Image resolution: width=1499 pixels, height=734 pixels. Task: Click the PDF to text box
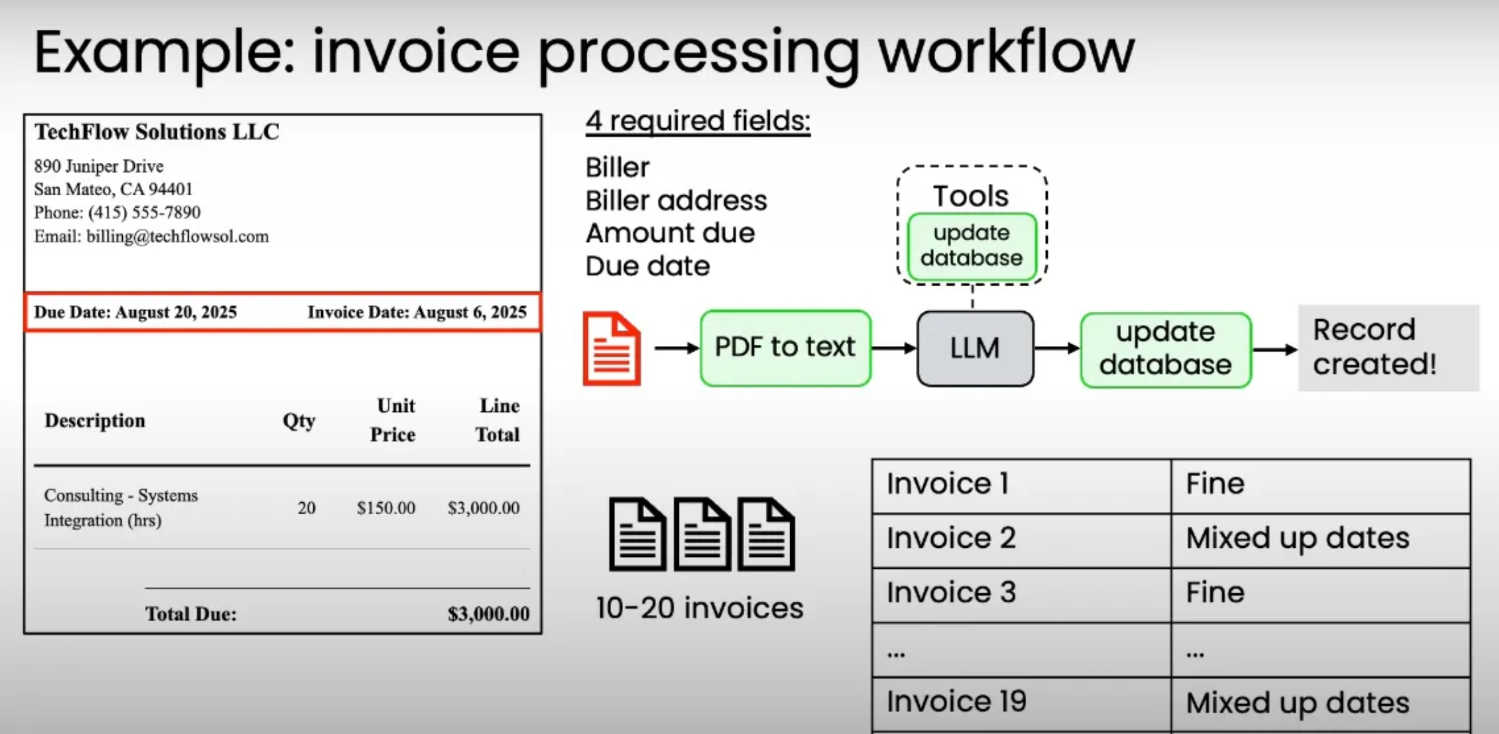coord(785,348)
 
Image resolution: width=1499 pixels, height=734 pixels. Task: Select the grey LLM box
coord(975,348)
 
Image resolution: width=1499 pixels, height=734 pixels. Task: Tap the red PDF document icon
coord(612,348)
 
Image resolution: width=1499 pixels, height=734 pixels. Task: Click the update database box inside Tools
coord(971,246)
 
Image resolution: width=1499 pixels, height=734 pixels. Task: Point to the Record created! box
coord(1388,348)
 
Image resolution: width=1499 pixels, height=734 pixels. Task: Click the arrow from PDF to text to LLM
coord(893,348)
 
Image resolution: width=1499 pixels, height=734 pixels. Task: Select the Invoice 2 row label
coord(951,538)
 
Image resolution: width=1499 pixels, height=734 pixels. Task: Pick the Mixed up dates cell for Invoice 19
coord(1297,703)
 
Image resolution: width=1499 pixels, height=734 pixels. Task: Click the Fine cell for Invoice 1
coord(1215,484)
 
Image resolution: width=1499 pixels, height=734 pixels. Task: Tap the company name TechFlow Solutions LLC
coord(157,132)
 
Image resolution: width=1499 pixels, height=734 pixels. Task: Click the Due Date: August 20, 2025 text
coord(135,313)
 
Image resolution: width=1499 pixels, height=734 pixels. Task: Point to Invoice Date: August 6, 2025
coord(417,313)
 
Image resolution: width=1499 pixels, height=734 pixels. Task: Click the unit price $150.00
coord(386,508)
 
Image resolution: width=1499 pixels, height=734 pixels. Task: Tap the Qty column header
coord(299,421)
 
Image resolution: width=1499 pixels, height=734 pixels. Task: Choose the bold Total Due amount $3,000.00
coord(488,614)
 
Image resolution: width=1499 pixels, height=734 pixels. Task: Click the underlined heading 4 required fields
coord(697,121)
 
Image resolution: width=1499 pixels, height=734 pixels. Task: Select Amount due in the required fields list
coord(670,233)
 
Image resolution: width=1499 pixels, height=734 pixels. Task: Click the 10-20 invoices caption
coord(699,608)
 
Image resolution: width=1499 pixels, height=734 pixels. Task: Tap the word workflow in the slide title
coord(1006,53)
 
